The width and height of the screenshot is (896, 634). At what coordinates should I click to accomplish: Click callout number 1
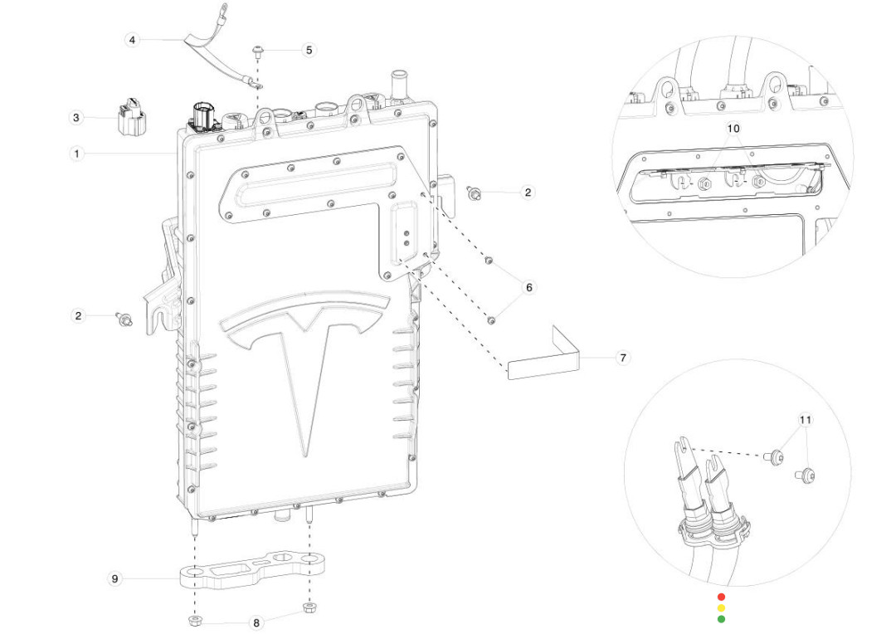coord(76,154)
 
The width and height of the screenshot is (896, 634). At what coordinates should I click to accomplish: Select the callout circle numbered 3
coord(76,118)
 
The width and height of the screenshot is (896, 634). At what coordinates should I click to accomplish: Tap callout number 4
coord(133,40)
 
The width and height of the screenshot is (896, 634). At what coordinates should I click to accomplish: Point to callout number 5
coord(309,50)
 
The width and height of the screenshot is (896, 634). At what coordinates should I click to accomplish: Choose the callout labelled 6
coord(528,288)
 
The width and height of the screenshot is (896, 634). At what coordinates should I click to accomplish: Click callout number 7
coord(623,358)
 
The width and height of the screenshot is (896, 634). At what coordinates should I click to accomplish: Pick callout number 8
coord(256,622)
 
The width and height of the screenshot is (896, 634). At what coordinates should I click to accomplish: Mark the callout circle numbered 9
coord(115,578)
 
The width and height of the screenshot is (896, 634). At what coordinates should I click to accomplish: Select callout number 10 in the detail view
coord(733,129)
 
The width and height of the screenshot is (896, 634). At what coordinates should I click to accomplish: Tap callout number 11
coord(805,420)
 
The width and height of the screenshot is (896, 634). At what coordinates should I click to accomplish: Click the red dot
coord(721,597)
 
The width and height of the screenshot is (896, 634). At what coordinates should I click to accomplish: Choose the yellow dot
coord(721,607)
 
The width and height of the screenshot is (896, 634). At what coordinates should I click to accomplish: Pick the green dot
coord(721,618)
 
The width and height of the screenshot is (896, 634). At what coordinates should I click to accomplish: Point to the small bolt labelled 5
coord(259,51)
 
